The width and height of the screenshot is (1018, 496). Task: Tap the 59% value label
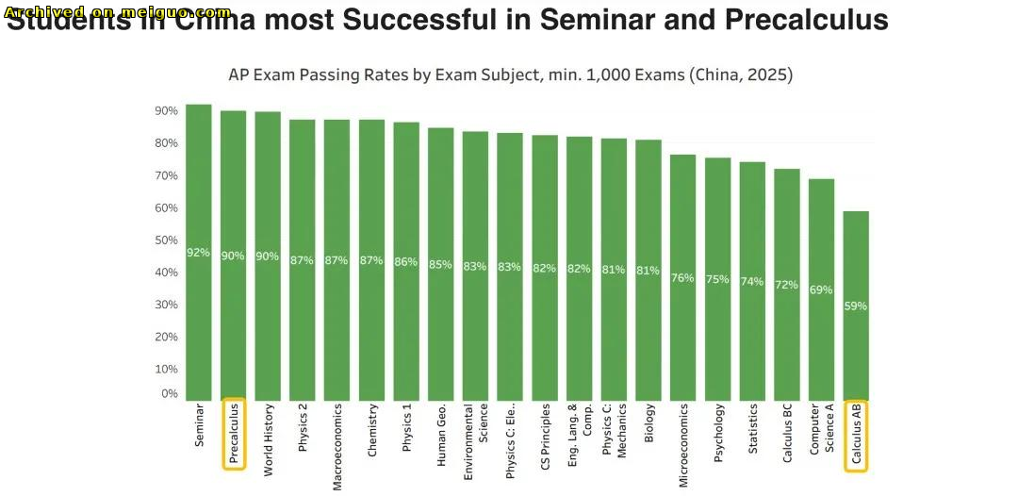tap(856, 306)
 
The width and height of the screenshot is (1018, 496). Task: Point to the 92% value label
tap(198, 253)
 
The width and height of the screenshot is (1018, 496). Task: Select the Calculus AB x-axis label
tap(856, 435)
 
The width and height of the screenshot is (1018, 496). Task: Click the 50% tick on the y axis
tap(166, 240)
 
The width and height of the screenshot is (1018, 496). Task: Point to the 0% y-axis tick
tap(169, 394)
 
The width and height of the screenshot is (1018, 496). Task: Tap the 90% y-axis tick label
tap(166, 111)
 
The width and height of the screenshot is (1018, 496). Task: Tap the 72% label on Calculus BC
tap(786, 285)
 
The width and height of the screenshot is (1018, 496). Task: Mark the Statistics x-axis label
tap(752, 430)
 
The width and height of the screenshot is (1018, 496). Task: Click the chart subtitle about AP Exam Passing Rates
tap(510, 75)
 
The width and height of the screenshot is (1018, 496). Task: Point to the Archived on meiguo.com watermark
tap(118, 12)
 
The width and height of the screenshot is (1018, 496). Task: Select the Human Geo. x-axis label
tap(441, 436)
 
